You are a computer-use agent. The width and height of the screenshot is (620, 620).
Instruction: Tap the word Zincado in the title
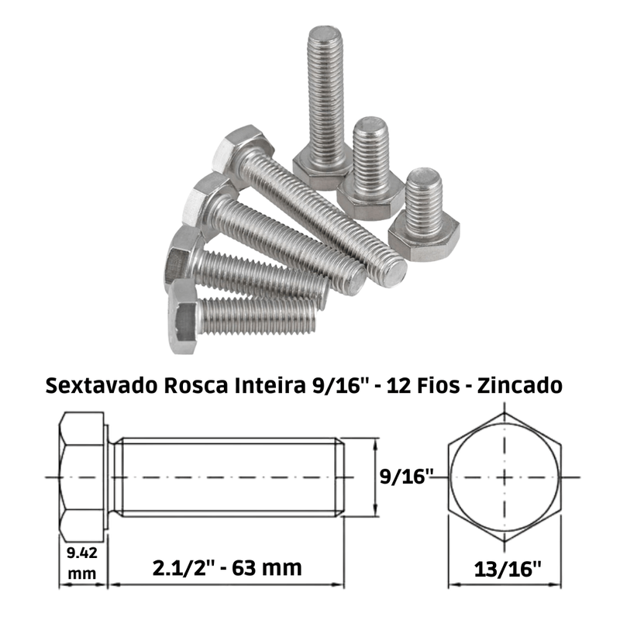519,385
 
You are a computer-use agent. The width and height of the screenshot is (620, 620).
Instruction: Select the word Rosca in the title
196,385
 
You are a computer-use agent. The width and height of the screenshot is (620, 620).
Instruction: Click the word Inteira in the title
270,385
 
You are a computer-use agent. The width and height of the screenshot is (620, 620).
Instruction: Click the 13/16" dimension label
508,570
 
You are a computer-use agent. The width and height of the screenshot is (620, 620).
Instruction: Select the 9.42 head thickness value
82,553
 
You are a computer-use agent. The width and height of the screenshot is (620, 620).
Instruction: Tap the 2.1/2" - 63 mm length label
227,568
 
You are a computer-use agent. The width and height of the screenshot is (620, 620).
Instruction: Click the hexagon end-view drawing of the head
505,477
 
